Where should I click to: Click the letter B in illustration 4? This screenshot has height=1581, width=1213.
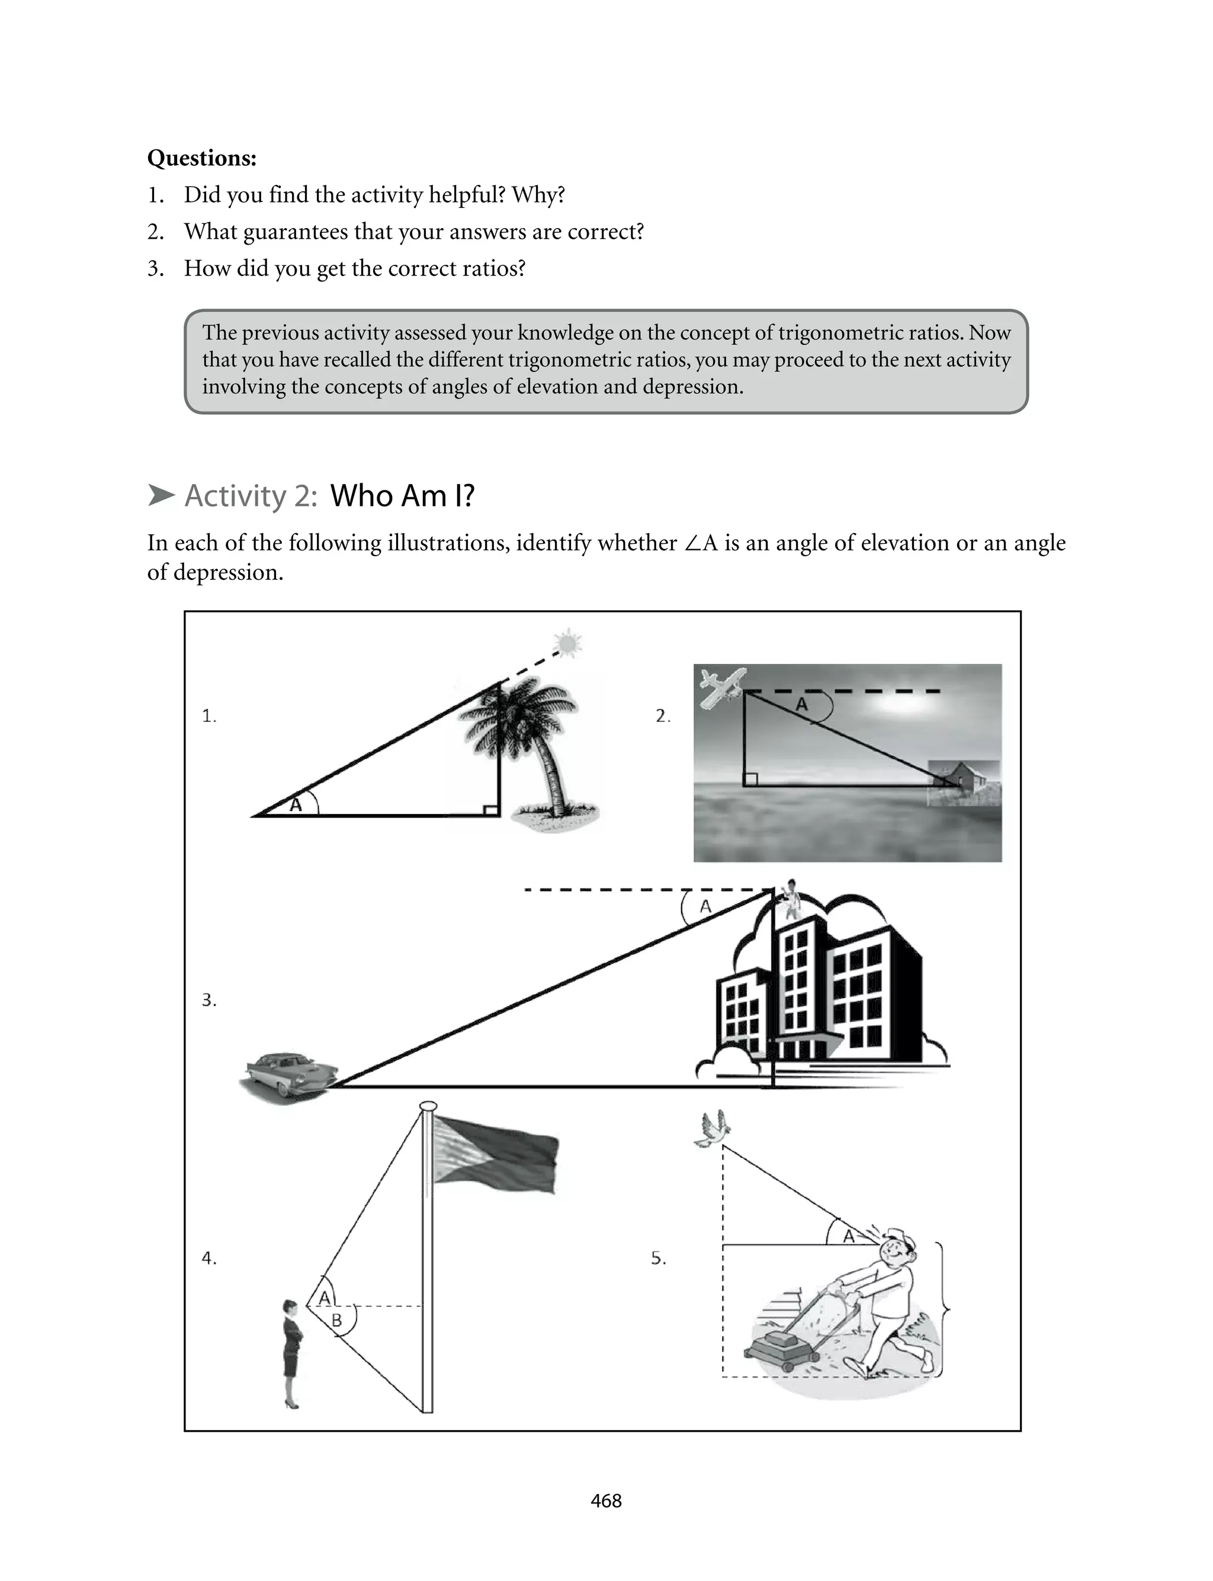click(336, 1321)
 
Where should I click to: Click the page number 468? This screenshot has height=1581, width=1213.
click(606, 1501)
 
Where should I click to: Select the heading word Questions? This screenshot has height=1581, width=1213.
click(201, 158)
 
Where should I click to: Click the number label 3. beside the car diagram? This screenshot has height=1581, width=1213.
click(208, 1000)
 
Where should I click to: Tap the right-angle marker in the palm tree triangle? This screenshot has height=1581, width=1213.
click(490, 810)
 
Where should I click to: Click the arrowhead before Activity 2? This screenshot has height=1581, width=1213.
click(161, 495)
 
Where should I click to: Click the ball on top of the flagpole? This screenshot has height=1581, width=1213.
click(428, 1106)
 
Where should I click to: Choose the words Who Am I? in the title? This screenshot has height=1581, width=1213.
click(402, 496)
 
